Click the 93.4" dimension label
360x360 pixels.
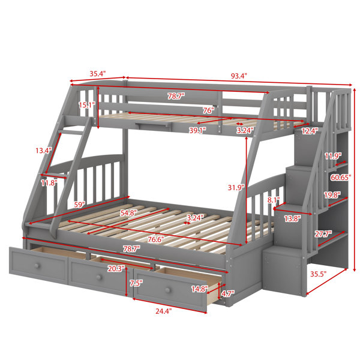(x=239, y=76)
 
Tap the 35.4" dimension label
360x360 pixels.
(x=98, y=74)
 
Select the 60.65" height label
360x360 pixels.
(x=341, y=177)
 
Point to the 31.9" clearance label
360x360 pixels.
(x=236, y=188)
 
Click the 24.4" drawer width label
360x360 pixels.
(x=163, y=311)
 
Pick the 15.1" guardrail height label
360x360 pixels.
(x=87, y=105)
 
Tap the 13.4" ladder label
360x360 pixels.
(x=44, y=151)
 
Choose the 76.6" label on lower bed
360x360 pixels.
(x=156, y=239)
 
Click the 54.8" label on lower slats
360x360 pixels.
(x=128, y=213)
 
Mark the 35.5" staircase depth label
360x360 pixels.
(x=319, y=274)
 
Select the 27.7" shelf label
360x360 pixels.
(x=323, y=234)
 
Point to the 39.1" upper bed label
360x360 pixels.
(x=197, y=130)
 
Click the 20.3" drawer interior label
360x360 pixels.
(x=116, y=269)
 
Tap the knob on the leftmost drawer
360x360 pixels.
(x=37, y=266)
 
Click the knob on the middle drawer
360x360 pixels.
(x=99, y=277)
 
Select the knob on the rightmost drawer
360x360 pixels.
(x=168, y=290)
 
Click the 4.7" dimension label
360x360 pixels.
(x=227, y=293)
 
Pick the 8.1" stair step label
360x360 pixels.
(x=274, y=200)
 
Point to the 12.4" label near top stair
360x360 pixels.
(x=310, y=131)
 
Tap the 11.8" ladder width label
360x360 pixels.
(x=49, y=183)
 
